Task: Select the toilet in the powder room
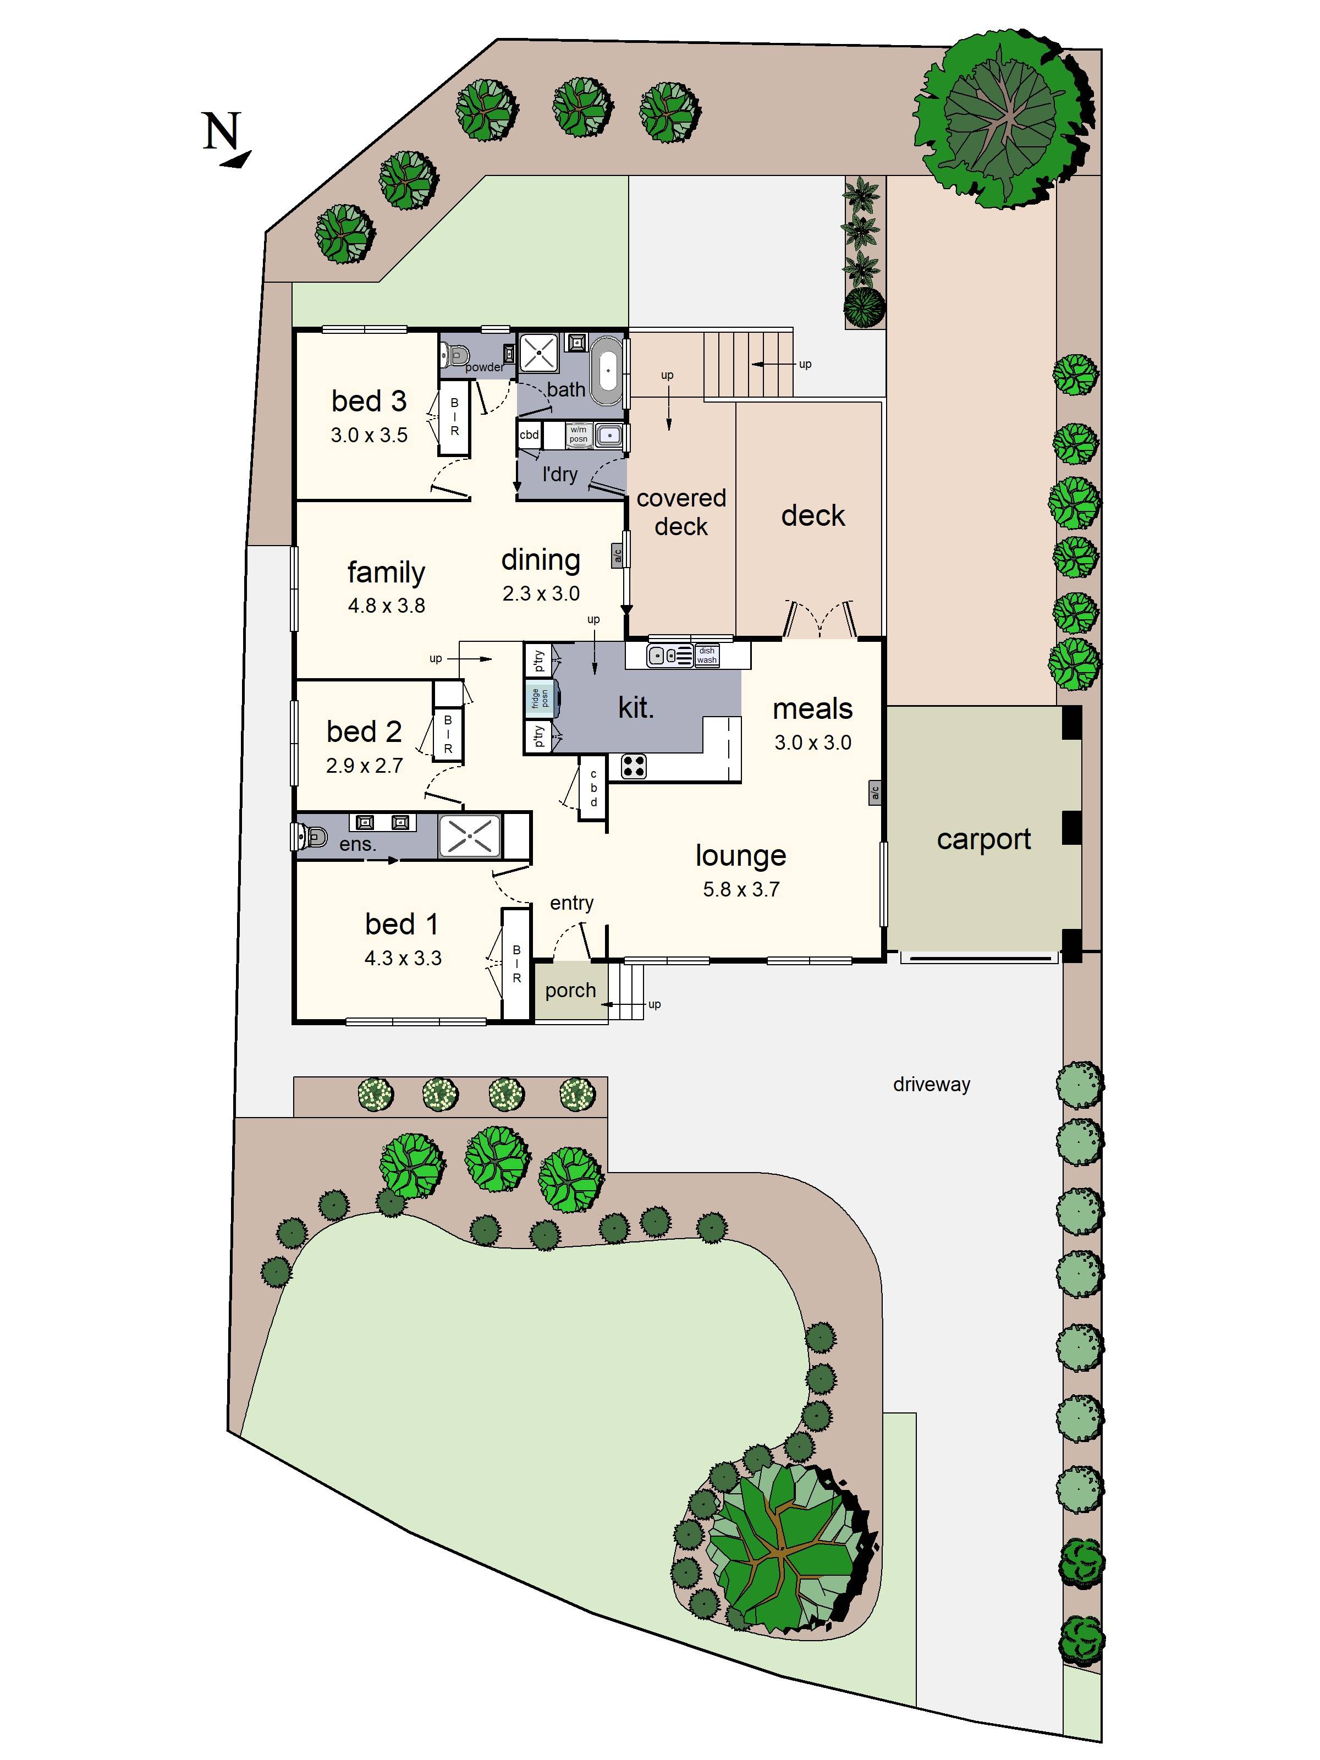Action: (x=456, y=353)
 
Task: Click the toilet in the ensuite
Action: (x=311, y=836)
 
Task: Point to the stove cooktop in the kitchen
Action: (x=634, y=766)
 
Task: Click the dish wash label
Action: (x=707, y=655)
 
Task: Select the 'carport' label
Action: (x=983, y=839)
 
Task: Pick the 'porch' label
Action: (x=570, y=990)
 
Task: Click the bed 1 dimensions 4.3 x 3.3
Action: (x=403, y=958)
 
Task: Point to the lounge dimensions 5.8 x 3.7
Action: (x=741, y=889)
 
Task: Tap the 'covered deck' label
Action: (x=681, y=512)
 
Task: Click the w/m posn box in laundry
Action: (x=579, y=435)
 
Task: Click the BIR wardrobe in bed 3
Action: (x=454, y=417)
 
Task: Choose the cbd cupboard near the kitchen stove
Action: (x=593, y=788)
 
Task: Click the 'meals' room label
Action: (x=812, y=708)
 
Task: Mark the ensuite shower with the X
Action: (x=470, y=835)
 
